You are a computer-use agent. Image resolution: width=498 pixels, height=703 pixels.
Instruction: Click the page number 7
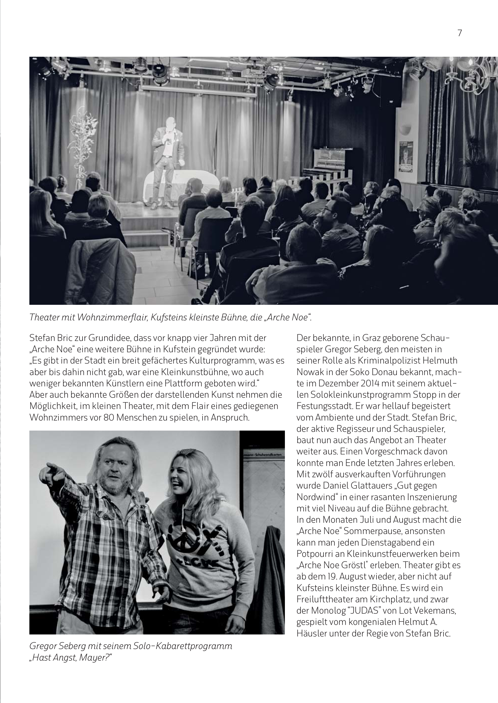tap(459, 33)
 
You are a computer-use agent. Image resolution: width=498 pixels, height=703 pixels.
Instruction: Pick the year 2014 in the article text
tap(355, 383)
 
